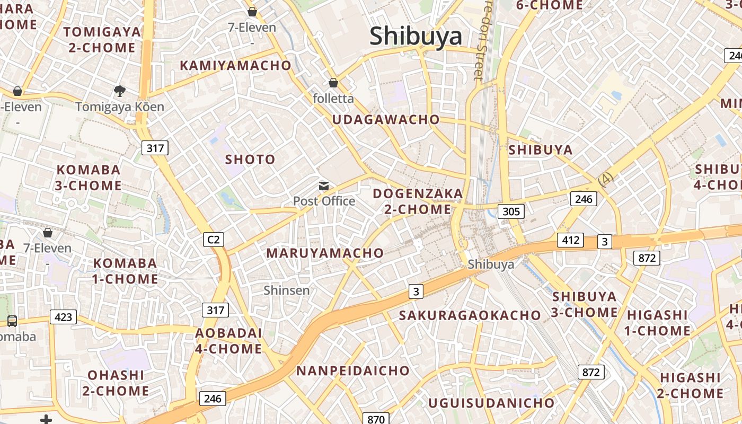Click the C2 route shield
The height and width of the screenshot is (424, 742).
pyautogui.click(x=214, y=240)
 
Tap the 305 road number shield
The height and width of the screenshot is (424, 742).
pyautogui.click(x=511, y=211)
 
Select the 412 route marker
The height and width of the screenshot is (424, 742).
pyautogui.click(x=570, y=240)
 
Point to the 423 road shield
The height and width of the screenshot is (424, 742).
pyautogui.click(x=63, y=317)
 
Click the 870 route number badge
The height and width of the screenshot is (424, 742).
pyautogui.click(x=376, y=419)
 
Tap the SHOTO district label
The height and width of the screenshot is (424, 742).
pyautogui.click(x=250, y=160)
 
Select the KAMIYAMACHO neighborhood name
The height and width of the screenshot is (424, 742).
pyautogui.click(x=235, y=66)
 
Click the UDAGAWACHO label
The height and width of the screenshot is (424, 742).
pyautogui.click(x=386, y=120)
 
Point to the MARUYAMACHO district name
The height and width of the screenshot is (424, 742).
pyautogui.click(x=325, y=253)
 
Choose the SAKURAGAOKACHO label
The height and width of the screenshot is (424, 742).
pyautogui.click(x=470, y=315)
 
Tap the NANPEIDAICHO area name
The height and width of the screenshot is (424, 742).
pyautogui.click(x=352, y=370)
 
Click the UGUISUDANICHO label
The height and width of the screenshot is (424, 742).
pyautogui.click(x=491, y=403)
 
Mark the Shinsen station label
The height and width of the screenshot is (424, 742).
pyautogui.click(x=287, y=290)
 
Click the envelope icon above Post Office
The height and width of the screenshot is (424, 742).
pyautogui.click(x=323, y=186)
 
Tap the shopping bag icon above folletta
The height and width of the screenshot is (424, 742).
pyautogui.click(x=333, y=83)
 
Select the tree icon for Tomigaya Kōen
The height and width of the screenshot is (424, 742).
pyautogui.click(x=120, y=91)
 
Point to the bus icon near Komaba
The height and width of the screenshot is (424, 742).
pyautogui.click(x=12, y=321)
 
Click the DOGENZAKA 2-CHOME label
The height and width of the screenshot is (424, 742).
pyautogui.click(x=418, y=201)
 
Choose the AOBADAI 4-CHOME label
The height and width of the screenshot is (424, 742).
pyautogui.click(x=228, y=341)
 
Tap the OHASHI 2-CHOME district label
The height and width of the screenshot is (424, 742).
pyautogui.click(x=116, y=383)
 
